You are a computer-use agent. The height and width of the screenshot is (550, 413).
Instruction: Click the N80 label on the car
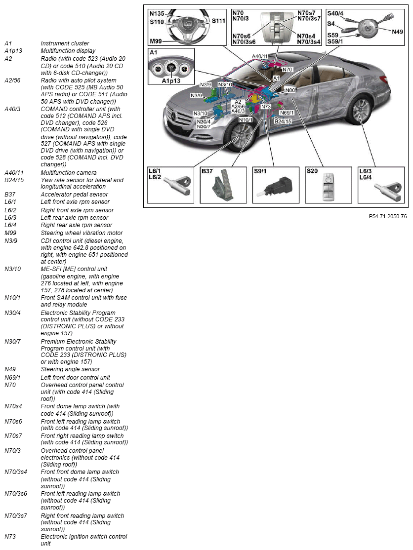(290, 90)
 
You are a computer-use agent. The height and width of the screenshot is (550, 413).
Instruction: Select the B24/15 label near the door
(283, 120)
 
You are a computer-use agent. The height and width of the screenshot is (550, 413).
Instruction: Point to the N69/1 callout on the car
(287, 113)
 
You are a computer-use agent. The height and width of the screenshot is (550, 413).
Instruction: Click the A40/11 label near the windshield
(260, 56)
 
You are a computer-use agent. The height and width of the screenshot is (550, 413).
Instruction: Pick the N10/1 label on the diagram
(246, 120)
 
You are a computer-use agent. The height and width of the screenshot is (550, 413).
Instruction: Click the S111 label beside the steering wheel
(218, 21)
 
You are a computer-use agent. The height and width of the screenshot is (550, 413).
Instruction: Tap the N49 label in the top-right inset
(397, 32)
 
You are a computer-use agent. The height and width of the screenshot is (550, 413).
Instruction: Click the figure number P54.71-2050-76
(388, 216)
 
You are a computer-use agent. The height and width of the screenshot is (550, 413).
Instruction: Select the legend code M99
(10, 233)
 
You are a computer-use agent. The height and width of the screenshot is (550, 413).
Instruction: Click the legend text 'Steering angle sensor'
(70, 369)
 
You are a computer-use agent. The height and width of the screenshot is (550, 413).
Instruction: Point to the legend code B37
(10, 195)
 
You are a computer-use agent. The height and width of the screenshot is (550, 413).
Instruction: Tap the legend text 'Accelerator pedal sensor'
(74, 195)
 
